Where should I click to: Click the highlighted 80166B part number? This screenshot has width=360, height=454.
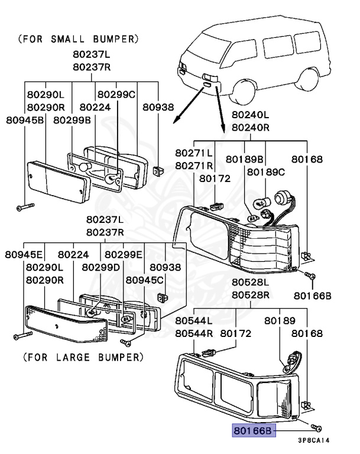[x=253, y=432]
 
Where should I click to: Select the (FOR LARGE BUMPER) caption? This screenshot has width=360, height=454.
[x=83, y=358]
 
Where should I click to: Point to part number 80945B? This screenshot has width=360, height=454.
[x=25, y=120]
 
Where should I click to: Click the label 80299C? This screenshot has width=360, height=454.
[x=116, y=94]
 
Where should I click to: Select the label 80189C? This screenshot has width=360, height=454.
[x=266, y=172]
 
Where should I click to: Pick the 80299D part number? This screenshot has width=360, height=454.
[x=101, y=267]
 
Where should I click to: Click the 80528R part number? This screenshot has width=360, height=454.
[x=250, y=295]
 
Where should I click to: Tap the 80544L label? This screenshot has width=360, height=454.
[x=193, y=320]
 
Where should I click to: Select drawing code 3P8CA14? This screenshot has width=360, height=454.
[x=313, y=440]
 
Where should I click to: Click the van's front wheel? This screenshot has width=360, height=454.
[x=244, y=89]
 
